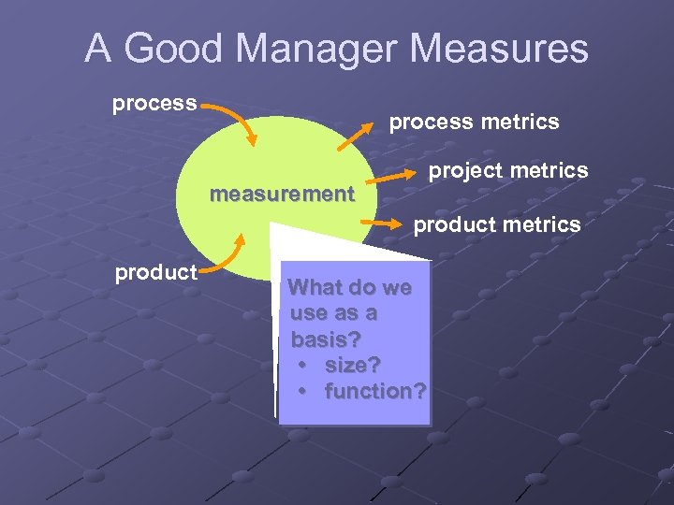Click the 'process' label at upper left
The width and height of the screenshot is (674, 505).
[x=154, y=102]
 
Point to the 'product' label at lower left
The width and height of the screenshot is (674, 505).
[x=155, y=273]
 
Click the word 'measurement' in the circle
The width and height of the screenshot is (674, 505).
[x=283, y=195]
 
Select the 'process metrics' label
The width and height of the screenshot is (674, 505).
[x=474, y=122]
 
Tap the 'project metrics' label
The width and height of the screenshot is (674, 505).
[x=508, y=170]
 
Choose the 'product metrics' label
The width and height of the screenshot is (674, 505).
[x=497, y=224]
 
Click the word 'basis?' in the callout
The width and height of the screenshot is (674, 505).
[x=323, y=339]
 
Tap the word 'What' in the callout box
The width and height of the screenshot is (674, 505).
[x=315, y=287]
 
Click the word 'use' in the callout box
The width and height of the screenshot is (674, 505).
[x=309, y=312]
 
